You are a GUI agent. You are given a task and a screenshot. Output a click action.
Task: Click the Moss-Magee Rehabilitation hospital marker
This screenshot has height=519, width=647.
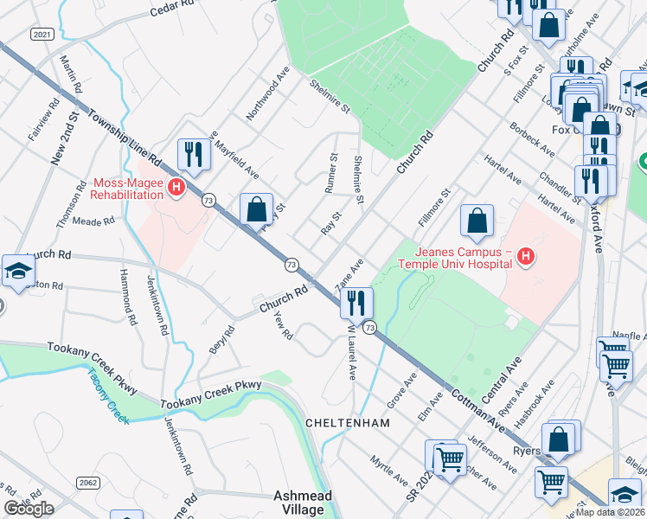(x=176, y=187)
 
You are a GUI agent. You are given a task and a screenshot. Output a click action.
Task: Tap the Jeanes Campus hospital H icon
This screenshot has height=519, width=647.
(x=524, y=255)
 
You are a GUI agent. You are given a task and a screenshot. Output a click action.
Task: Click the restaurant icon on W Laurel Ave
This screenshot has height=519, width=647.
(x=356, y=303)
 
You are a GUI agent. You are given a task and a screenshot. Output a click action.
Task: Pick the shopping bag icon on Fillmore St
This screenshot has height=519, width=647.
(x=477, y=221)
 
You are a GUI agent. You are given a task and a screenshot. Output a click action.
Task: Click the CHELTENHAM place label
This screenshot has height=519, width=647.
(x=348, y=423)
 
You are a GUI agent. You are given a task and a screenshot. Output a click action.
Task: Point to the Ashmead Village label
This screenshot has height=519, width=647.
(x=299, y=503)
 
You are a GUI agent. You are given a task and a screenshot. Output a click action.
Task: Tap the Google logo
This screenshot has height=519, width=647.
(x=29, y=509)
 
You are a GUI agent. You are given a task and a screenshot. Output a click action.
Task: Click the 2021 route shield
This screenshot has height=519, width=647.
(x=42, y=34)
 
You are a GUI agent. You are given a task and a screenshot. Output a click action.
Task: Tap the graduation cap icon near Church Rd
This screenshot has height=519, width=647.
(x=18, y=270)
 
